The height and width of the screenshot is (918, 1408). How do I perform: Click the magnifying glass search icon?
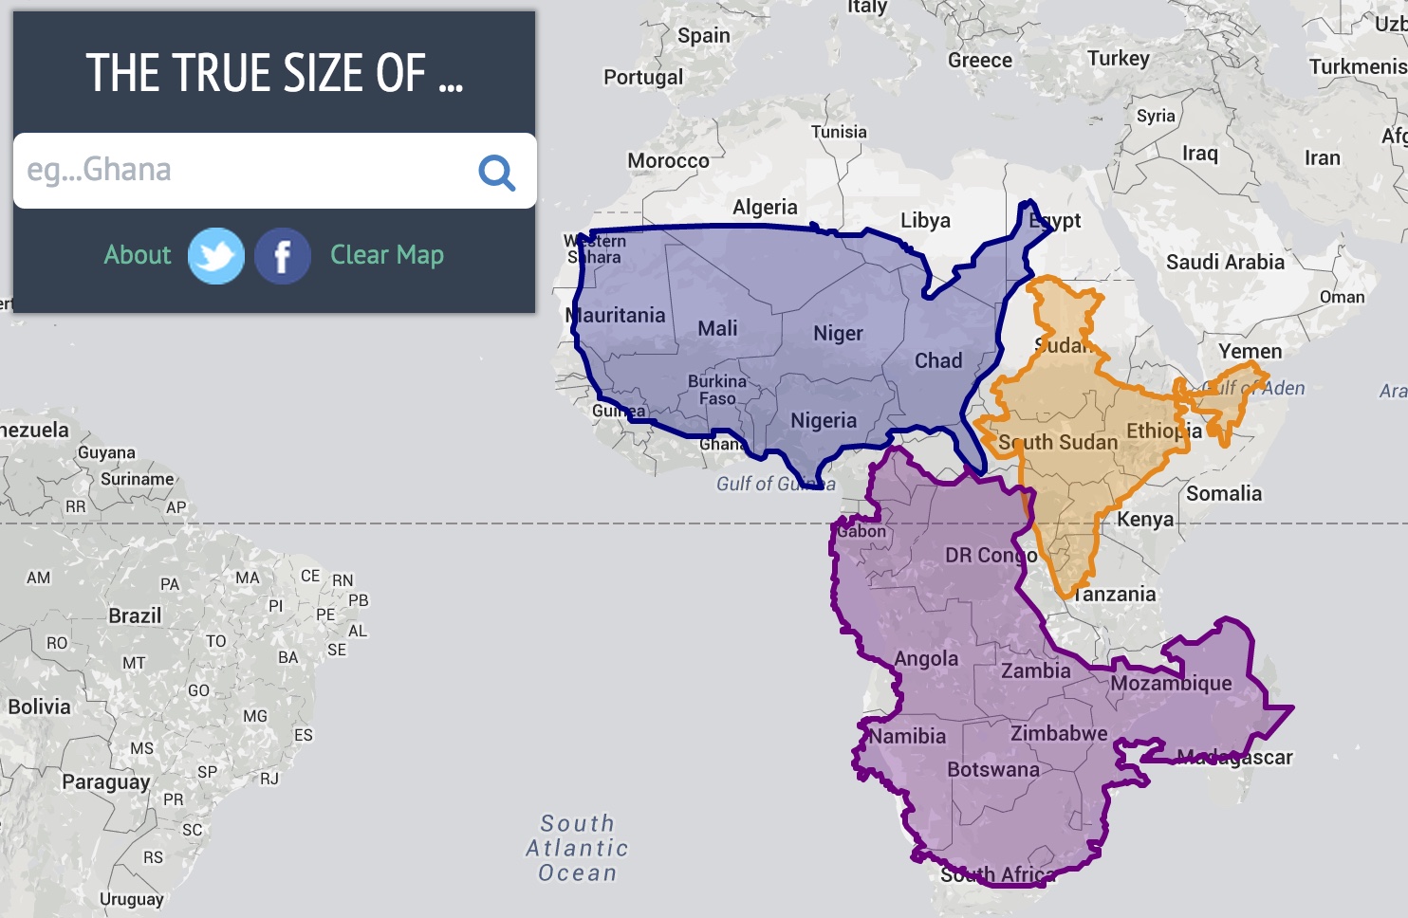(x=496, y=173)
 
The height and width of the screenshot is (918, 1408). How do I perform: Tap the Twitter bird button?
(x=216, y=256)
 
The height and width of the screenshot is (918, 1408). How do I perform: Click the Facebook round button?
(x=282, y=256)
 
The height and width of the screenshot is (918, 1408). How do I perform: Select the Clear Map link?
(x=387, y=255)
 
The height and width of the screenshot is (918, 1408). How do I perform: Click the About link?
(x=138, y=255)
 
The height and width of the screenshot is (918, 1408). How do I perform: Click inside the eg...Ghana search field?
(x=237, y=171)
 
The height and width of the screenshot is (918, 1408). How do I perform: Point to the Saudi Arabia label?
(x=1225, y=262)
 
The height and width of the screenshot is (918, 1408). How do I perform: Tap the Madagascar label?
(x=1234, y=757)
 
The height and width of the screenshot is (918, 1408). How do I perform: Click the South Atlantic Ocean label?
(x=578, y=848)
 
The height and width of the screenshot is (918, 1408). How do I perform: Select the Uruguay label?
(x=132, y=899)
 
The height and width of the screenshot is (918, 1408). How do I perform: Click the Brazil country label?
(x=135, y=616)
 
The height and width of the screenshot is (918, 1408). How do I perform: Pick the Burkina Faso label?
(x=717, y=390)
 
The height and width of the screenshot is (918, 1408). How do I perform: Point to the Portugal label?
(x=643, y=78)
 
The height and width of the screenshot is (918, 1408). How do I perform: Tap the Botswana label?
(x=993, y=769)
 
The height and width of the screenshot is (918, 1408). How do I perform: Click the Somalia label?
(x=1224, y=493)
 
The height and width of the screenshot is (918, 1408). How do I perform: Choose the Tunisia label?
(x=839, y=132)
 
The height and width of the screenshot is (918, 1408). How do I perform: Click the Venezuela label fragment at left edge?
(x=34, y=431)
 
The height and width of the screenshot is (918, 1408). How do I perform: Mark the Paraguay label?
(x=105, y=782)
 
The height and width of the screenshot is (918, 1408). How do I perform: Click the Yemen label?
(x=1250, y=351)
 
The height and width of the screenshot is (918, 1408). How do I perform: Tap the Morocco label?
(x=668, y=161)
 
